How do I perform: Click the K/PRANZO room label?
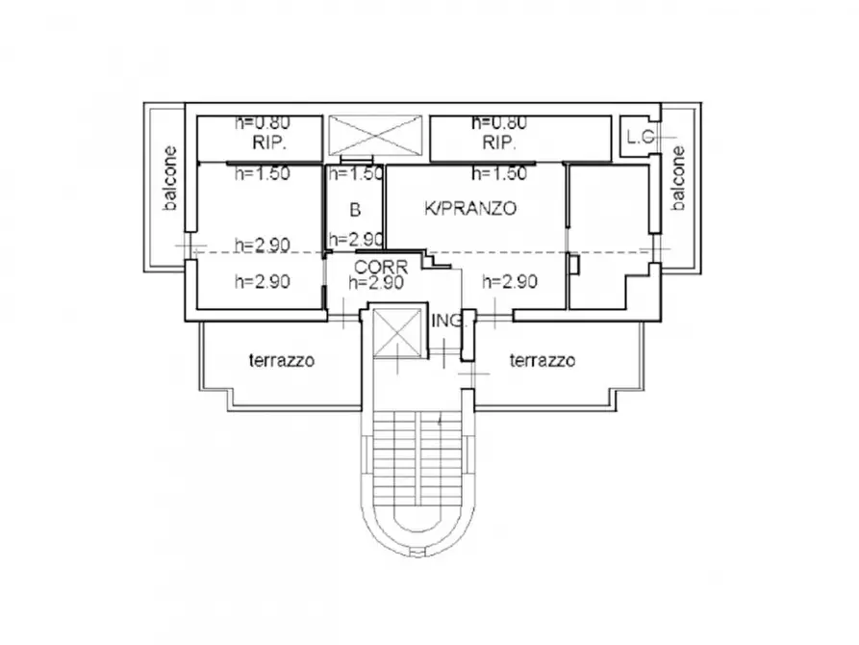pos(471,207)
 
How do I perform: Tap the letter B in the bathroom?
pos(354,210)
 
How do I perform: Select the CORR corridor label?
pos(381,267)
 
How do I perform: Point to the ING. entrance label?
pos(449,321)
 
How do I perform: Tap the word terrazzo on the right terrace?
pos(543,361)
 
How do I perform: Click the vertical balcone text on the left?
pos(169,178)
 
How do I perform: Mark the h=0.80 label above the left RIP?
pos(264,123)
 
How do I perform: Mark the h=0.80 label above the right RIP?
pos(499,123)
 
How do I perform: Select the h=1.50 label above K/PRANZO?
pos(499,174)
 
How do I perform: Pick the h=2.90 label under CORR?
pos(376,283)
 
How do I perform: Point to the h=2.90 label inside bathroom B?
pos(356,240)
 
